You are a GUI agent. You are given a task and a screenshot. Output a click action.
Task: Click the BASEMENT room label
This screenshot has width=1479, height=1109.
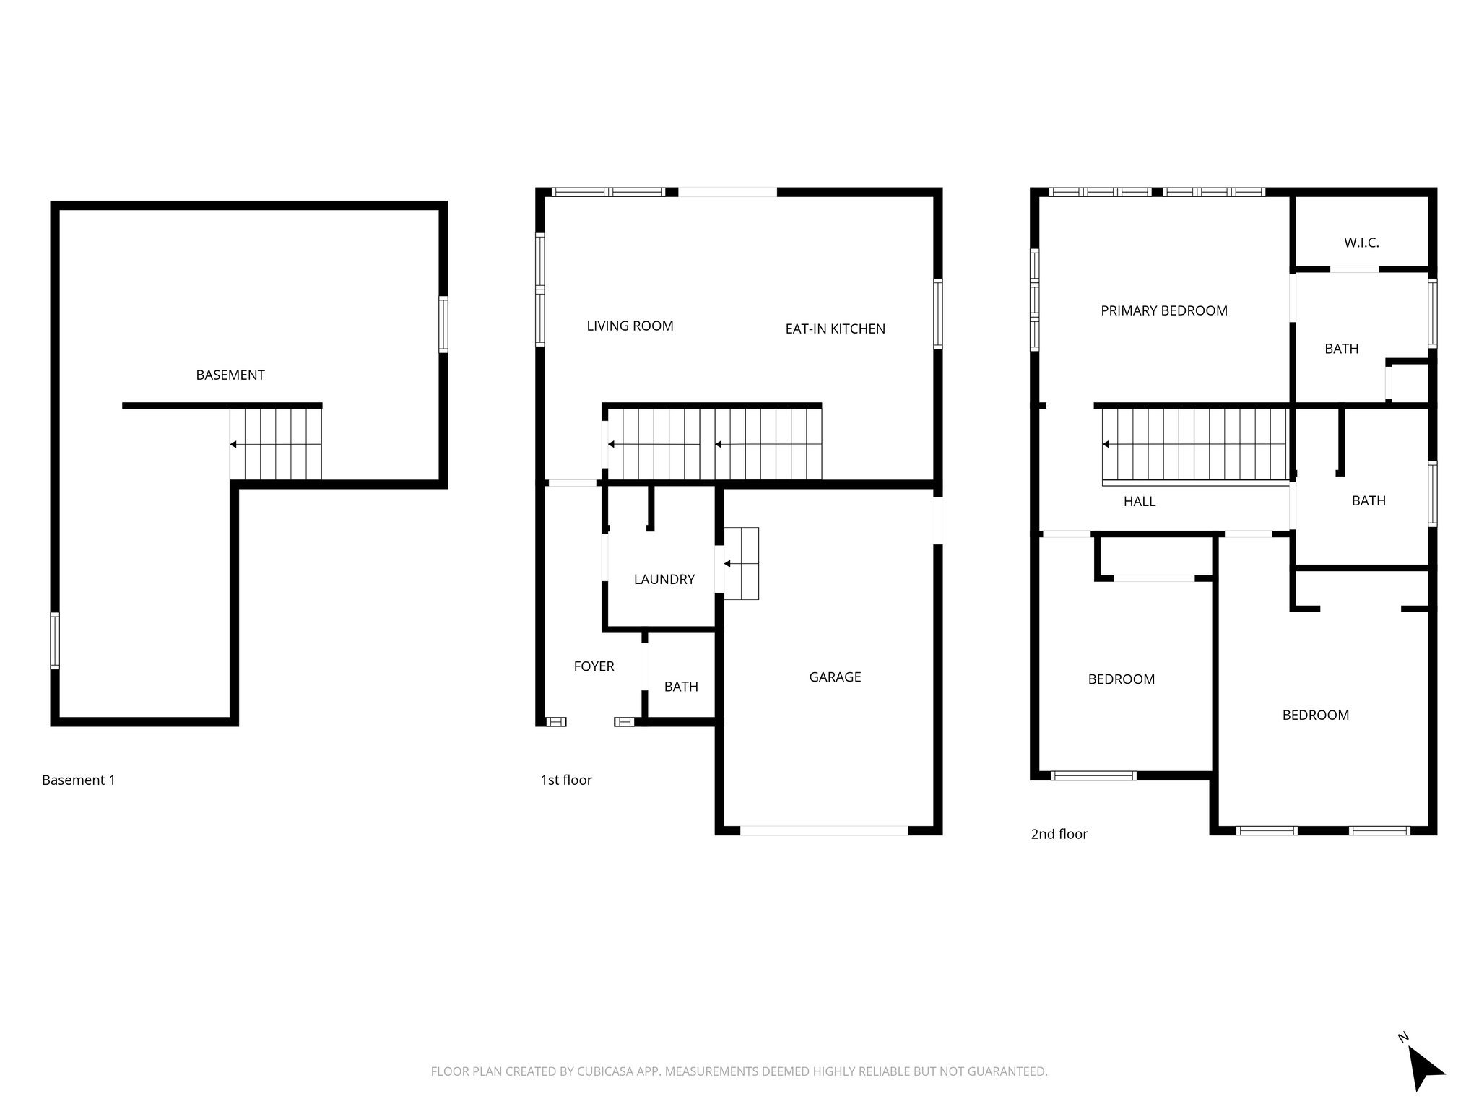point(230,375)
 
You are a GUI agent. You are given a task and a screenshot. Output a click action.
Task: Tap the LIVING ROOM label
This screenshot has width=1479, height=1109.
point(630,326)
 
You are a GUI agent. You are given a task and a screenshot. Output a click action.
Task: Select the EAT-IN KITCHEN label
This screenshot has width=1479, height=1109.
point(835,329)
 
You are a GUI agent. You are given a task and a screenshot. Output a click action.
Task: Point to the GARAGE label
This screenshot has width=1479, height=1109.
point(835,677)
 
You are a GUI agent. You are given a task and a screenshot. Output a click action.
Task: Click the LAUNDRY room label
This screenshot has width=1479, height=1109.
point(664,579)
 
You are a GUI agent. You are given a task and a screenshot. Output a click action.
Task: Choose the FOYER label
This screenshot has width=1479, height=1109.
point(594,666)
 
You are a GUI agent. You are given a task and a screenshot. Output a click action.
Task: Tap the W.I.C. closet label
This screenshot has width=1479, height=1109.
point(1361,243)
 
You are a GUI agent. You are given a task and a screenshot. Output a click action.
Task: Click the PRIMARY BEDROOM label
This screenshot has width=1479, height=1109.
point(1163,310)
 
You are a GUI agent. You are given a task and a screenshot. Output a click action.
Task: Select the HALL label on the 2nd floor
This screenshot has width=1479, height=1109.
point(1139,501)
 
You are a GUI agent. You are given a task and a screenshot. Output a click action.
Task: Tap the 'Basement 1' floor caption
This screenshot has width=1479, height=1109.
point(79,780)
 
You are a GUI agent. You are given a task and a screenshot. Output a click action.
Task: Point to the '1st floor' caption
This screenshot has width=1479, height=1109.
point(565,780)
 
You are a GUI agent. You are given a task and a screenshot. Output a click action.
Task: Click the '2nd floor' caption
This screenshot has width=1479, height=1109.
point(1059,834)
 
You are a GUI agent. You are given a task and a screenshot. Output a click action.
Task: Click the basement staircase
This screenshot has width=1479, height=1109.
point(276,444)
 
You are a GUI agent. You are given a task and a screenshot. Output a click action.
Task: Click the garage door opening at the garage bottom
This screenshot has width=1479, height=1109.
point(823,830)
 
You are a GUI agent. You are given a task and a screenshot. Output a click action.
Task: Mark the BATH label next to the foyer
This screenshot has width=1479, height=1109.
point(681,687)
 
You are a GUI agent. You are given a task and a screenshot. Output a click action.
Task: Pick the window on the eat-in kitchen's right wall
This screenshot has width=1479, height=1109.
point(937,314)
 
